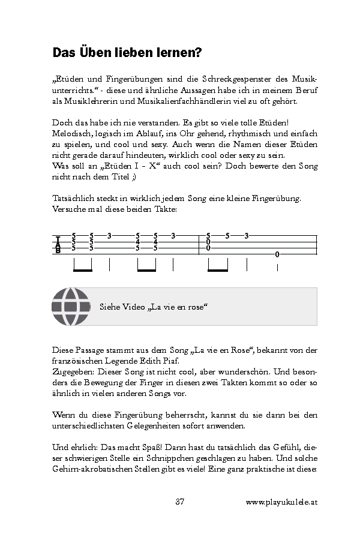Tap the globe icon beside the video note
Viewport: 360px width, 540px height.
(70, 307)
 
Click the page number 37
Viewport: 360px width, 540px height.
(179, 502)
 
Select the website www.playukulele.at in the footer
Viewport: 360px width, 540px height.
(281, 502)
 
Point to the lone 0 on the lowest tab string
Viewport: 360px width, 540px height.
(277, 254)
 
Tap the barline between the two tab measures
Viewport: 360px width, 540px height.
(199, 244)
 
